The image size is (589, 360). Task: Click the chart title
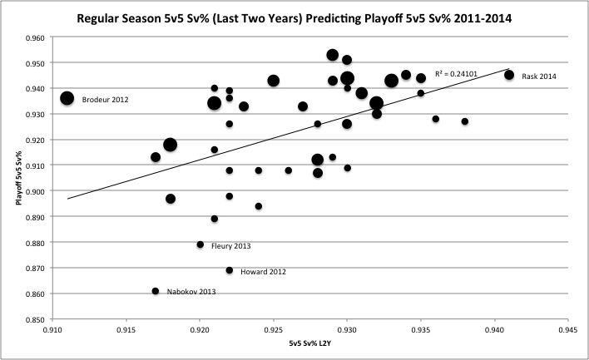point(294,17)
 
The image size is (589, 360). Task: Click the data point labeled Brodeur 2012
point(67,98)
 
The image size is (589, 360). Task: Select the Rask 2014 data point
point(509,75)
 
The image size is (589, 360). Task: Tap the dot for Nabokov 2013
point(156,291)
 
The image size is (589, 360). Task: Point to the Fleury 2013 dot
point(200,244)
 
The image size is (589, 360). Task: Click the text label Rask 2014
point(540,76)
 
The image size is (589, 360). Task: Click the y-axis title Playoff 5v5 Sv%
point(17,179)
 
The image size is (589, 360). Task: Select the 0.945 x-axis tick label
point(568,328)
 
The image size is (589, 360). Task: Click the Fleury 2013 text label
point(230,246)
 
